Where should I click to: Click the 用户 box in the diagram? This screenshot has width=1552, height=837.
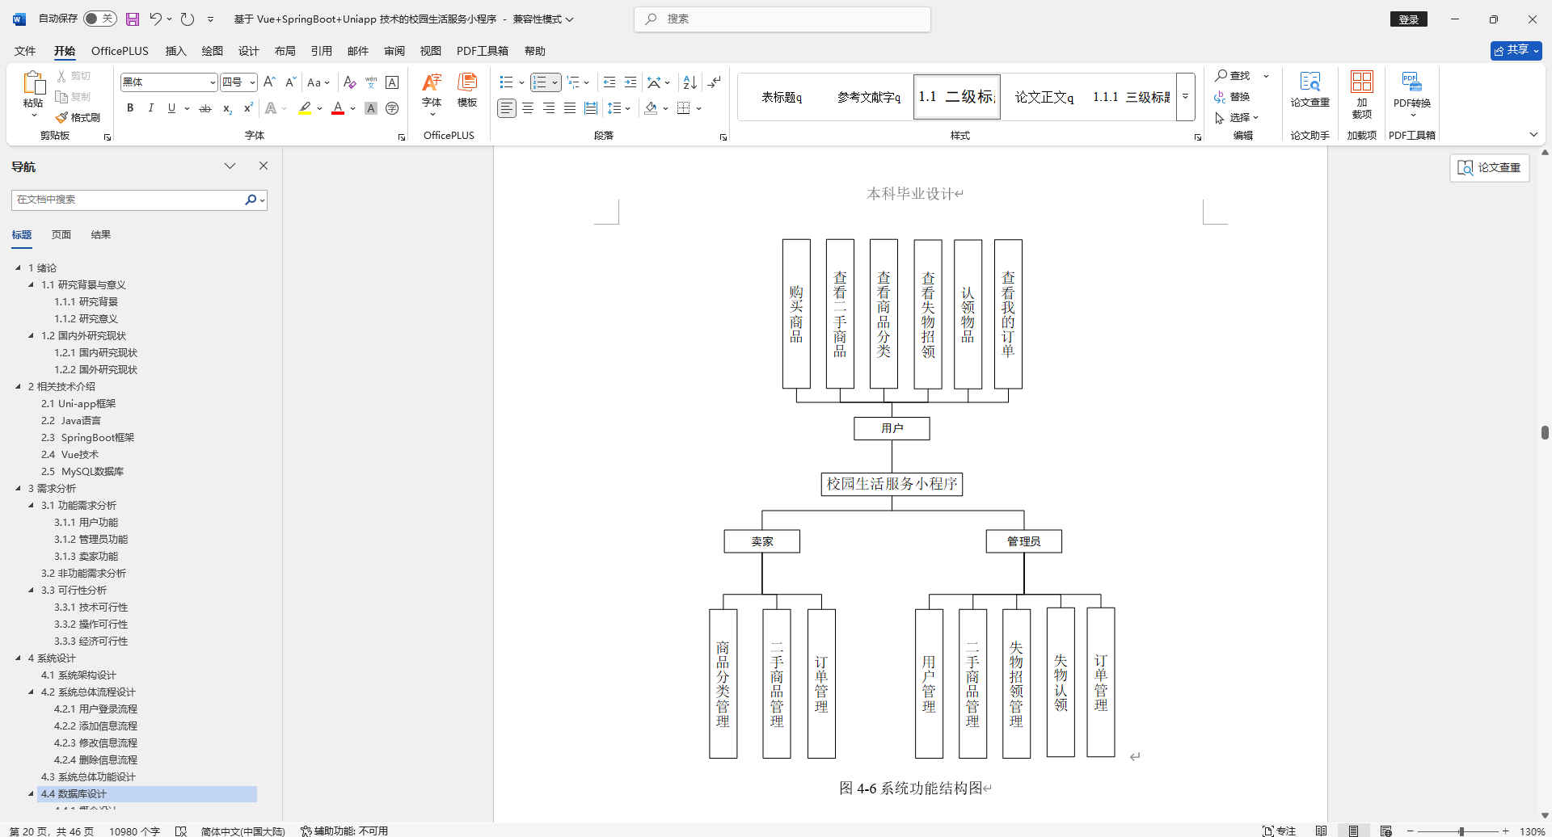click(x=892, y=428)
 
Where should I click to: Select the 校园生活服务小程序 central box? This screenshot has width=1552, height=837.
click(x=892, y=484)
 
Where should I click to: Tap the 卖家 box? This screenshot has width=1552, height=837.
click(x=761, y=541)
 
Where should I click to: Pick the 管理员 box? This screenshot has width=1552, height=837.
click(x=1023, y=541)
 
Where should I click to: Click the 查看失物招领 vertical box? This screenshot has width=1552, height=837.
click(x=928, y=314)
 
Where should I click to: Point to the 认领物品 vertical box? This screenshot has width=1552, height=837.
click(x=968, y=314)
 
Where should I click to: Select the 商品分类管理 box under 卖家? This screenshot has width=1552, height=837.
click(x=723, y=683)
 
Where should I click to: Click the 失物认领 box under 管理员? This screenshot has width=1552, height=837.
click(x=1061, y=683)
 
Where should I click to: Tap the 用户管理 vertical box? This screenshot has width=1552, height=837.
click(x=929, y=683)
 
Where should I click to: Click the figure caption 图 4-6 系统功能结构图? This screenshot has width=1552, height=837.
click(x=914, y=788)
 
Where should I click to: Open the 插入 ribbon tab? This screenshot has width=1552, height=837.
click(x=175, y=51)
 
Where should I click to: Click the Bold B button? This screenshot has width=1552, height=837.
click(x=130, y=108)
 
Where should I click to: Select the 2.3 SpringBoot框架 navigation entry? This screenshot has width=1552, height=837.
click(x=87, y=437)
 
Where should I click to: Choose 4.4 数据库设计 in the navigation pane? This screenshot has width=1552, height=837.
click(x=74, y=794)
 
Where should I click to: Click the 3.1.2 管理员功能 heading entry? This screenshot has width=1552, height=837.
click(x=91, y=539)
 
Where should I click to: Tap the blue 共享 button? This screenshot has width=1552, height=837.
click(x=1516, y=50)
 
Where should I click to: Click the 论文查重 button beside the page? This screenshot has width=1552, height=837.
click(x=1489, y=167)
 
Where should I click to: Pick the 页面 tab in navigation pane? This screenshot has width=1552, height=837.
click(x=61, y=235)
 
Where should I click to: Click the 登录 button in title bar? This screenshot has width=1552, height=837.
click(x=1408, y=19)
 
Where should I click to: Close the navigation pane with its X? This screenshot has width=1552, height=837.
click(x=264, y=166)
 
